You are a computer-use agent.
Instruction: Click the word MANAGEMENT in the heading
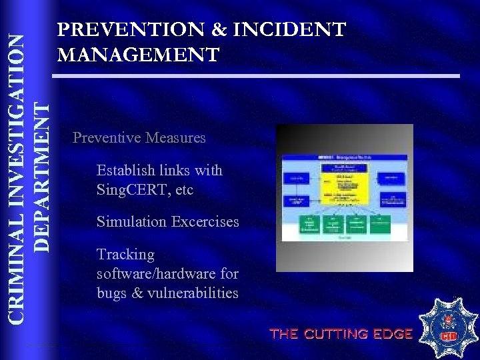pyautogui.click(x=139, y=54)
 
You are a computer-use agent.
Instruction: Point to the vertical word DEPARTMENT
pyautogui.click(x=41, y=176)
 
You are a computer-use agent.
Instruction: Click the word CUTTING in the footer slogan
pyautogui.click(x=340, y=334)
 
